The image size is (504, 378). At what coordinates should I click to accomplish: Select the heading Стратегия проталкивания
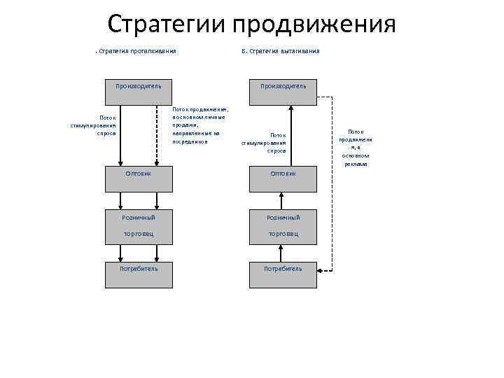pyautogui.click(x=136, y=51)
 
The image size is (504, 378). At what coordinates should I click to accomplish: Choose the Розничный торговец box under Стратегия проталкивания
pyautogui.click(x=139, y=225)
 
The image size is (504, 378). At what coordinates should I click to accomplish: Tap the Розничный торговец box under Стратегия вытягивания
pyautogui.click(x=283, y=225)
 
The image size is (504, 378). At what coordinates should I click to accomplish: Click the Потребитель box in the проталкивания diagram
pyautogui.click(x=139, y=275)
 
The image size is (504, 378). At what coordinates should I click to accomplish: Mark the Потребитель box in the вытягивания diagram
pyautogui.click(x=283, y=275)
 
